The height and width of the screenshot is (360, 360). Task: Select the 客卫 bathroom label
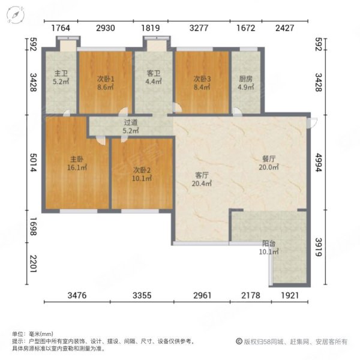[x=154, y=74]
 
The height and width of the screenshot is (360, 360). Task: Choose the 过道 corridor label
[x=130, y=122]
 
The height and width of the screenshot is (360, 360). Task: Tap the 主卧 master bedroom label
[x=77, y=159]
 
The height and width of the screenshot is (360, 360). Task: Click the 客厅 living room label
[x=202, y=175]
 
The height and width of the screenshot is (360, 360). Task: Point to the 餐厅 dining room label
[x=268, y=159]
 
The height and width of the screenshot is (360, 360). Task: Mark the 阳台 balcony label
[x=269, y=244]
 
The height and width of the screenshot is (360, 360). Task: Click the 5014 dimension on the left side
[x=34, y=161]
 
